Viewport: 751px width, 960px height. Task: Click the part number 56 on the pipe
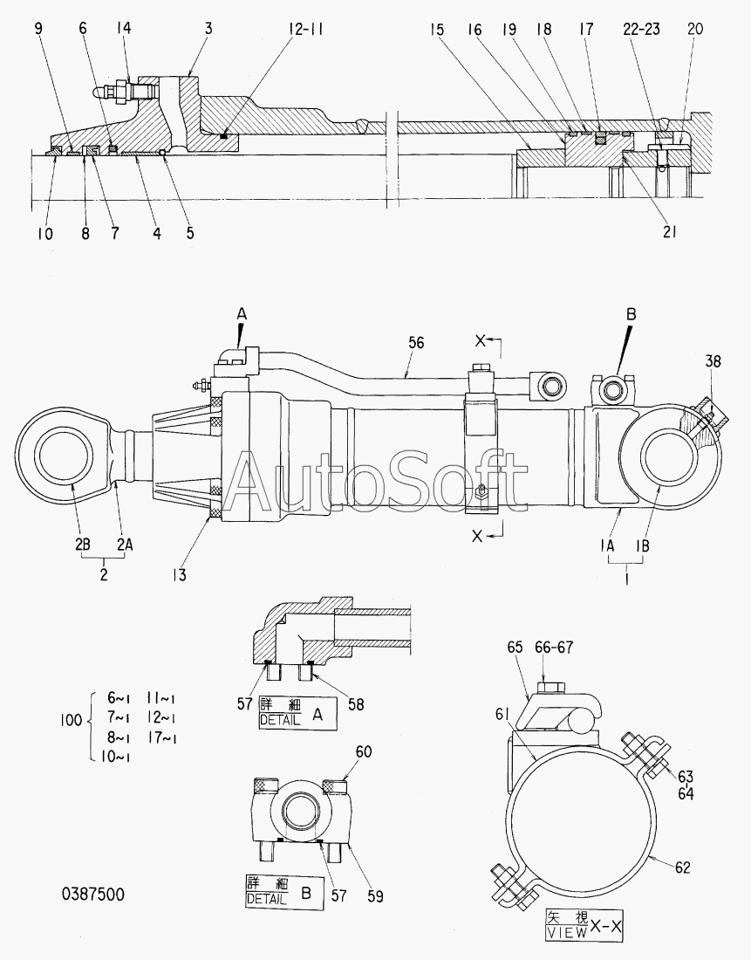coord(415,343)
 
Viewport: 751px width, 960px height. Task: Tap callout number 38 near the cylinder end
coord(713,361)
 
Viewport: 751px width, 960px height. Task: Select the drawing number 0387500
coord(93,894)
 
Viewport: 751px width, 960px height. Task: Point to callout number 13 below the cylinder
coord(179,575)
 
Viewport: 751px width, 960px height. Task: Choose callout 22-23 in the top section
coord(641,29)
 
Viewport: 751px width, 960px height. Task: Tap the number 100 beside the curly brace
coord(71,720)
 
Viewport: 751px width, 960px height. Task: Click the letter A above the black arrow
coord(242,314)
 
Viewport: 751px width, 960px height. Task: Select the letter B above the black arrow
coord(631,314)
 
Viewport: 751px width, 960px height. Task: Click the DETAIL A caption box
coord(298,712)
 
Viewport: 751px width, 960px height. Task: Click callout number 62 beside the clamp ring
coord(682,867)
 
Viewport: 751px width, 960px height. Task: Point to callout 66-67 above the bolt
coord(554,648)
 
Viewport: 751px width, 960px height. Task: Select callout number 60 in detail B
coord(364,751)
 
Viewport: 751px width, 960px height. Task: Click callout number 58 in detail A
coord(356,704)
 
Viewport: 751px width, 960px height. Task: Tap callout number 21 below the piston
coord(669,232)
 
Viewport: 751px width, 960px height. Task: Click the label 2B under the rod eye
coord(83,545)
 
